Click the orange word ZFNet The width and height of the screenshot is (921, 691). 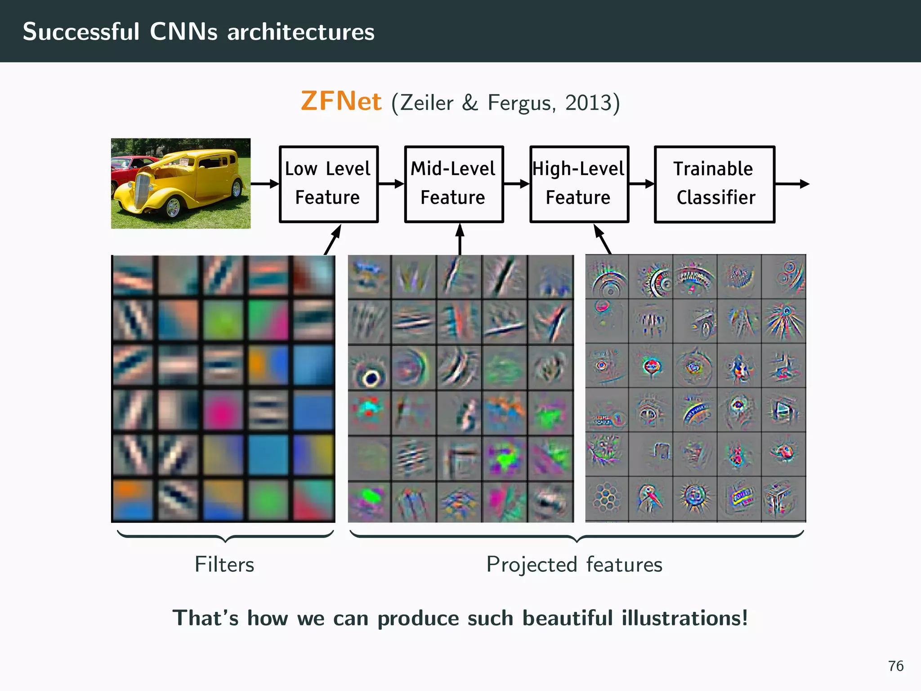341,101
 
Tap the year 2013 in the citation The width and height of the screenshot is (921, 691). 589,103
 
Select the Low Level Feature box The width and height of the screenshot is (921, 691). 328,184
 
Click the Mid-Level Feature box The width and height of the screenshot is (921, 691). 453,184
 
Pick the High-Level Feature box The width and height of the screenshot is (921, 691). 579,184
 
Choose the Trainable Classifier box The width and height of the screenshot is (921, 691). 714,184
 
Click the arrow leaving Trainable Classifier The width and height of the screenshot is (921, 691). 792,184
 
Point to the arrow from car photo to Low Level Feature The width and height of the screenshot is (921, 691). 265,184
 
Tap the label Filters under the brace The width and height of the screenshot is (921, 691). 224,564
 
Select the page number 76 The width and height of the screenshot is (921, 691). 895,666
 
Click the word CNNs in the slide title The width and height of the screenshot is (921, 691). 183,32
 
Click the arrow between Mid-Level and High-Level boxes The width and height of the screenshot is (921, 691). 516,184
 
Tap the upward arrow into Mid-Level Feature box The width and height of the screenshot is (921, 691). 460,238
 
